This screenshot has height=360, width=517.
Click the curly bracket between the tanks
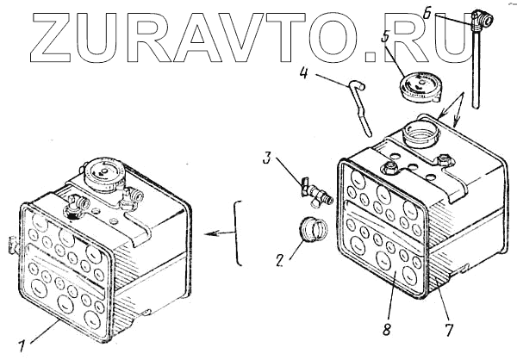[239, 233]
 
